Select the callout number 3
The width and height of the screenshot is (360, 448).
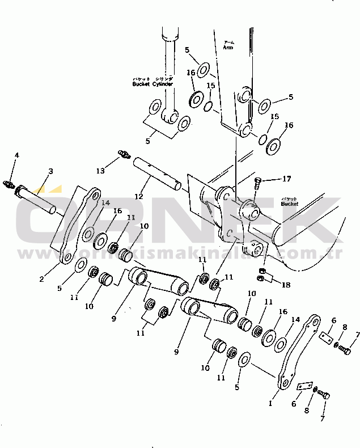click(x=50, y=171)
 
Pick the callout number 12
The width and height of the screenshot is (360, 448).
click(x=138, y=196)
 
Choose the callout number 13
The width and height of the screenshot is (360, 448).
click(x=100, y=170)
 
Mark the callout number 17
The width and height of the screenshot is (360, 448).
click(x=287, y=179)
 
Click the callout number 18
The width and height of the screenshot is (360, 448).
click(x=286, y=285)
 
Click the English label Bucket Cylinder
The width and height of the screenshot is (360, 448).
click(x=153, y=84)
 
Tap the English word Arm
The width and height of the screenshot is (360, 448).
click(x=228, y=48)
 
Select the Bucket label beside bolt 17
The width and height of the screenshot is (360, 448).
click(x=306, y=202)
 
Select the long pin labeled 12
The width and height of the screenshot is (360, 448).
click(x=157, y=174)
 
